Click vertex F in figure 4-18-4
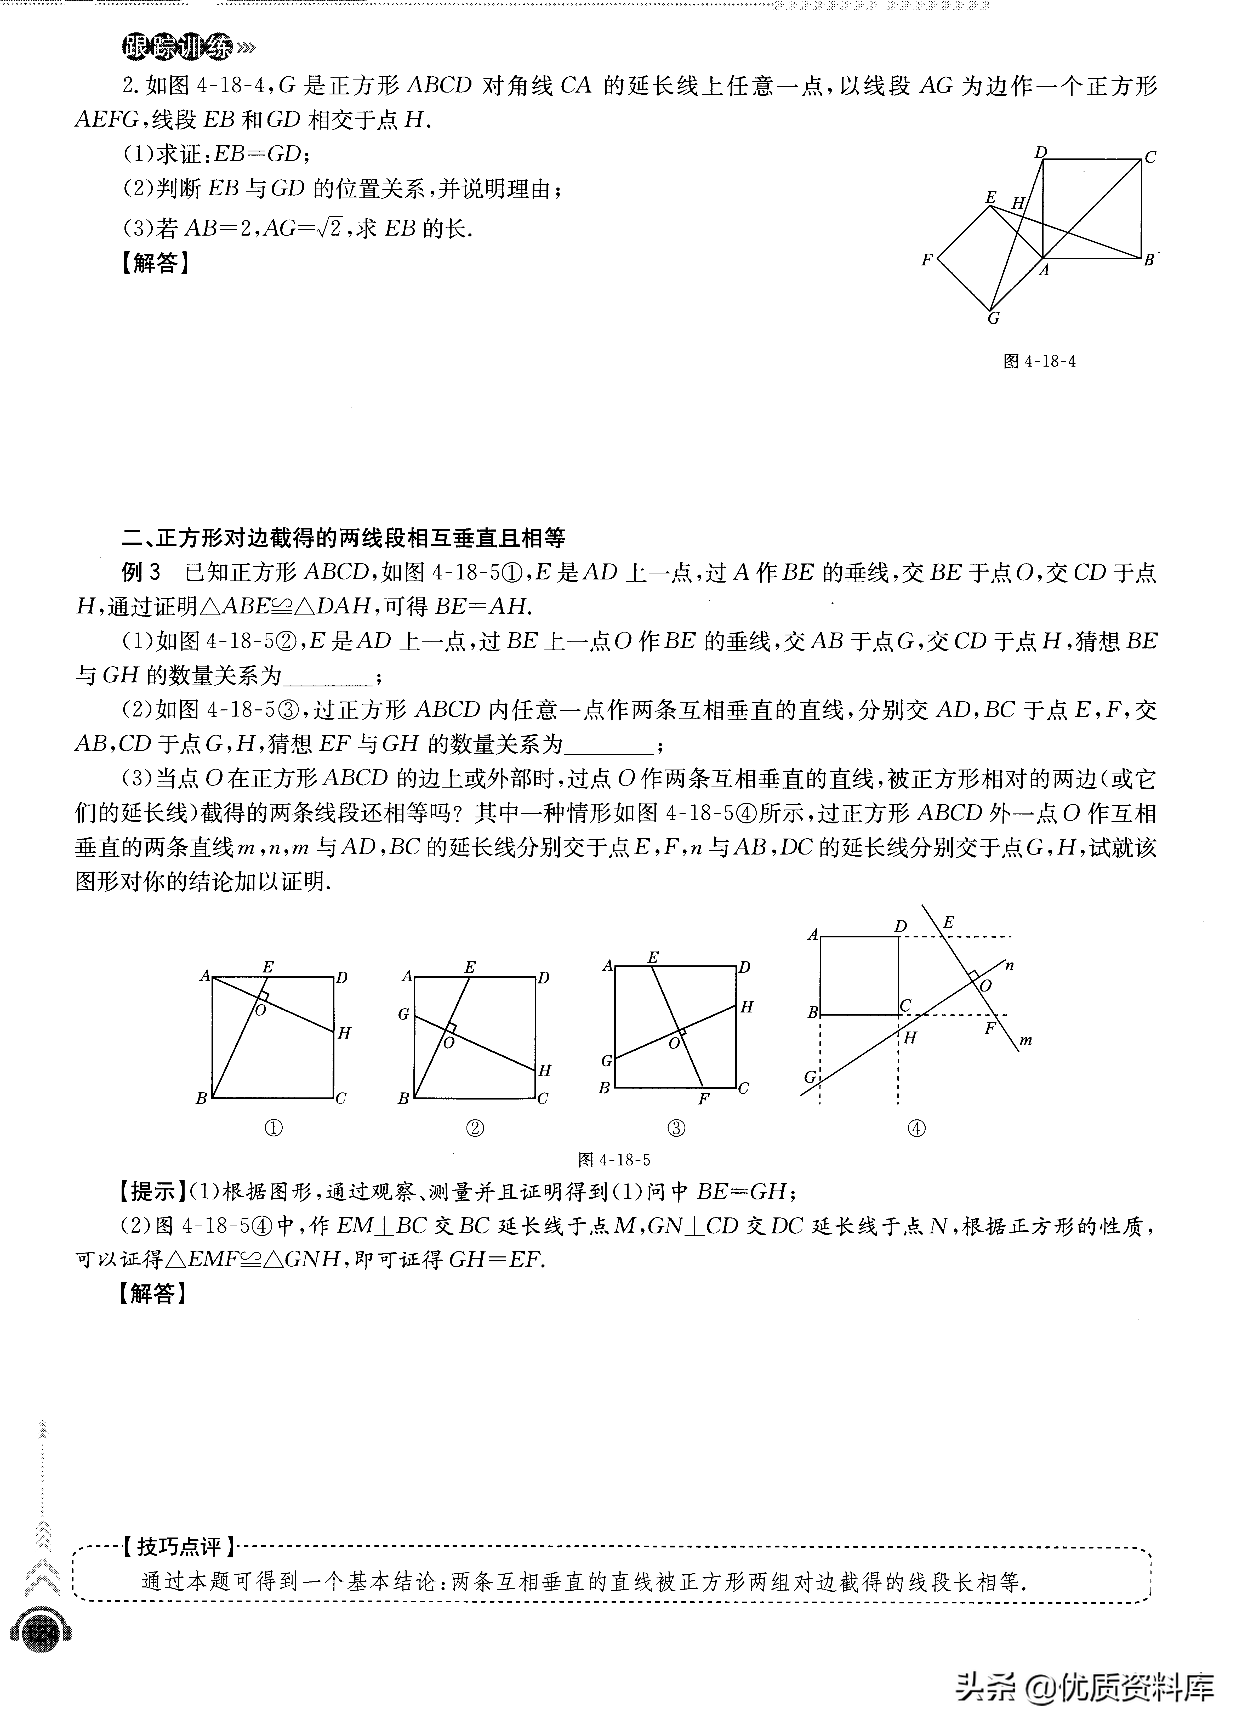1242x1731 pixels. pos(927,259)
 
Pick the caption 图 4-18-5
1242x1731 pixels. pos(614,1160)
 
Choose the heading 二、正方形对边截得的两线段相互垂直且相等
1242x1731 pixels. pos(344,538)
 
